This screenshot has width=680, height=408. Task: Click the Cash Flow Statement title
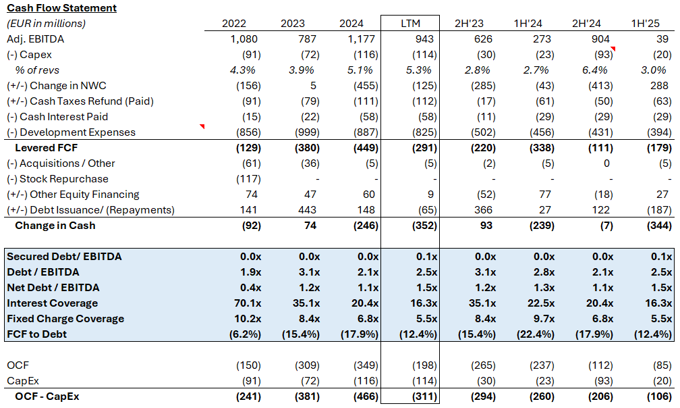[61, 8]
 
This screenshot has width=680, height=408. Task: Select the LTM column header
[410, 24]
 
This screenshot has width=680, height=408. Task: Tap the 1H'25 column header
[645, 24]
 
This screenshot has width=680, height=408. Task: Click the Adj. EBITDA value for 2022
[244, 39]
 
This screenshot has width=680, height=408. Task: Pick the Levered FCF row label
[47, 148]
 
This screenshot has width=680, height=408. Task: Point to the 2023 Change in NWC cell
[313, 86]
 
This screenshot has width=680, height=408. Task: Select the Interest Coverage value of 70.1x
[248, 303]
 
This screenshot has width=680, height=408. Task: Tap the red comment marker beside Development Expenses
[202, 126]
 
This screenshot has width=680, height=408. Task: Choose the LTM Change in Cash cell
[424, 226]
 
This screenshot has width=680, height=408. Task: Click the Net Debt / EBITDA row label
[53, 288]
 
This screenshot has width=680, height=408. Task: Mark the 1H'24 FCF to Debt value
[535, 334]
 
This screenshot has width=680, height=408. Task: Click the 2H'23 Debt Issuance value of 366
[483, 210]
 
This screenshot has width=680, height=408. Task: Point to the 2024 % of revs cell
[360, 70]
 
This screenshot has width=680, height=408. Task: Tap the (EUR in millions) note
[47, 24]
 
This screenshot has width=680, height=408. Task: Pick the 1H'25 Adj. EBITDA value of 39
[662, 39]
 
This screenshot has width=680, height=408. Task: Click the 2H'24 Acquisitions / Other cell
[606, 163]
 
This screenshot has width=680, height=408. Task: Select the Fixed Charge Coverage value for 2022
[248, 319]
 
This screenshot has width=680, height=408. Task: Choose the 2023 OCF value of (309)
[307, 365]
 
